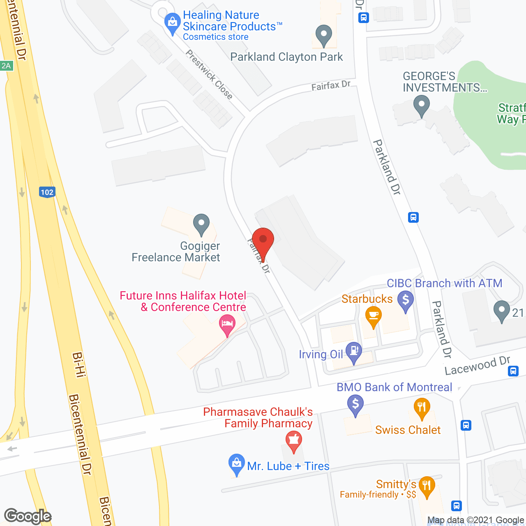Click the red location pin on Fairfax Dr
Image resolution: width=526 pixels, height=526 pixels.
pos(263,240)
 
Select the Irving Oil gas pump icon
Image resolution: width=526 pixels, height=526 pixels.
pos(353,352)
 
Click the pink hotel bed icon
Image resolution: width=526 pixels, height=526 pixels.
pos(227,323)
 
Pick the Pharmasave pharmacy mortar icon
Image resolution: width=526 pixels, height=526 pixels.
pos(294,440)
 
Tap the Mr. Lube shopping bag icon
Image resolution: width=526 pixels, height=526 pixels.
pos(236,463)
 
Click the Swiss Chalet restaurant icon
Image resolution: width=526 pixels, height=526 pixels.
pos(422,407)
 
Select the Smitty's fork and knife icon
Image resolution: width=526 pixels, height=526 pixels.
pos(427,486)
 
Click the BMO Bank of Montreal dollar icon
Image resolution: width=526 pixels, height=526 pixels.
pos(355,404)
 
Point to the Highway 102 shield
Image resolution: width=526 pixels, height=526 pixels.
pos(47,192)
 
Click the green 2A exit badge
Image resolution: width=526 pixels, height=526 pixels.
pos(6,66)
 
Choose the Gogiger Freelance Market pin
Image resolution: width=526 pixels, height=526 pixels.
pos(201,224)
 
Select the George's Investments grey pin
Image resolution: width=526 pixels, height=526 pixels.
pos(421,104)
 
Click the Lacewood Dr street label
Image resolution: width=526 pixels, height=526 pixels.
pos(477,365)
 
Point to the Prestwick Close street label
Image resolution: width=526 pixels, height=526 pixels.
pos(209,74)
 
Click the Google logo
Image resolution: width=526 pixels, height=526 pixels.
pos(28,516)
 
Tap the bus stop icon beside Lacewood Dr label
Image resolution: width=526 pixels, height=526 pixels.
pos(513,371)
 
